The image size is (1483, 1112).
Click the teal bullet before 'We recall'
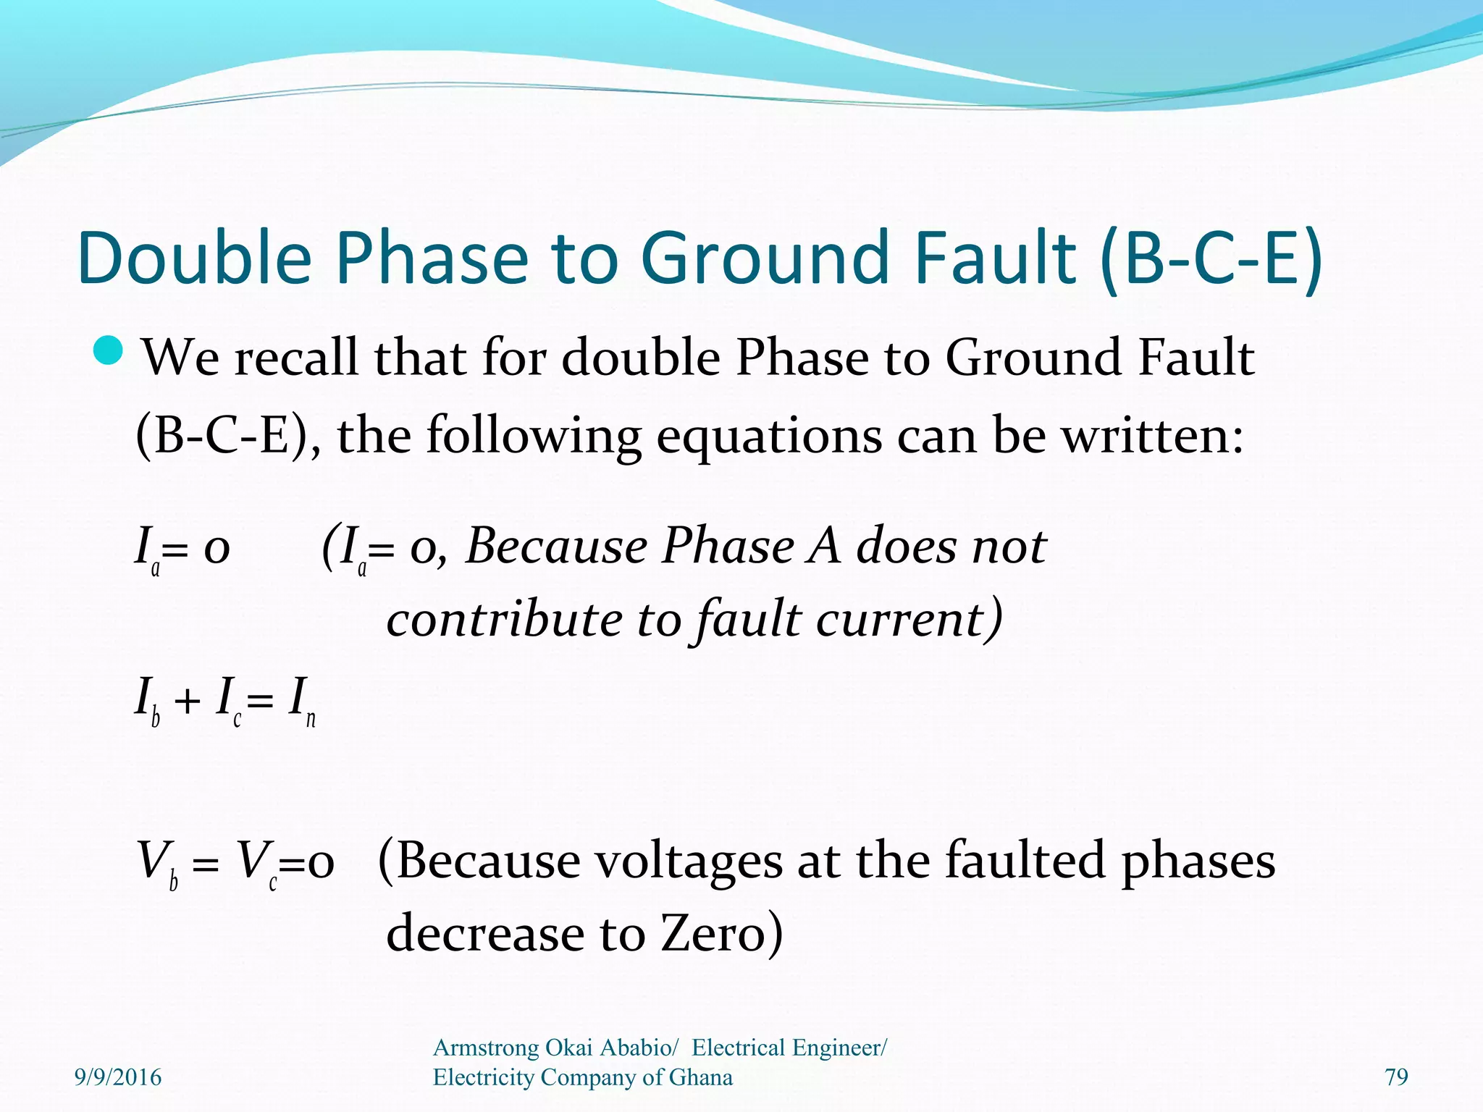coord(111,350)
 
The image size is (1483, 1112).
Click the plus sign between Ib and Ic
coord(187,701)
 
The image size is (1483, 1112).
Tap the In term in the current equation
coord(301,701)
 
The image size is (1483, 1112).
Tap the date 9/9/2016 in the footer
coord(118,1077)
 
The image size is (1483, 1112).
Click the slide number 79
coord(1396,1077)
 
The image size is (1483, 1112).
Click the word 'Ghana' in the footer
coord(700,1077)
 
